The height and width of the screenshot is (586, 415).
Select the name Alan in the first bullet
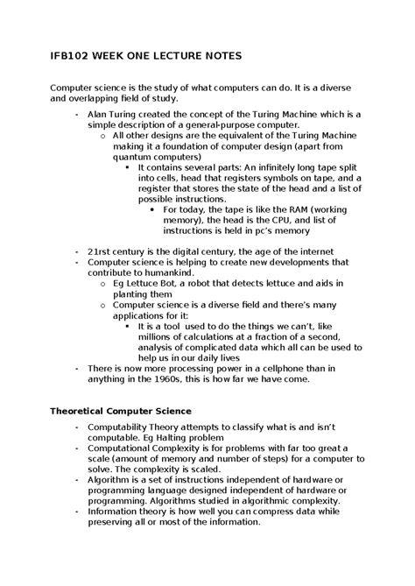(100, 115)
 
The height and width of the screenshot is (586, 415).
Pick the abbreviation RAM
(282, 210)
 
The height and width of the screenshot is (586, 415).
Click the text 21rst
(101, 251)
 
